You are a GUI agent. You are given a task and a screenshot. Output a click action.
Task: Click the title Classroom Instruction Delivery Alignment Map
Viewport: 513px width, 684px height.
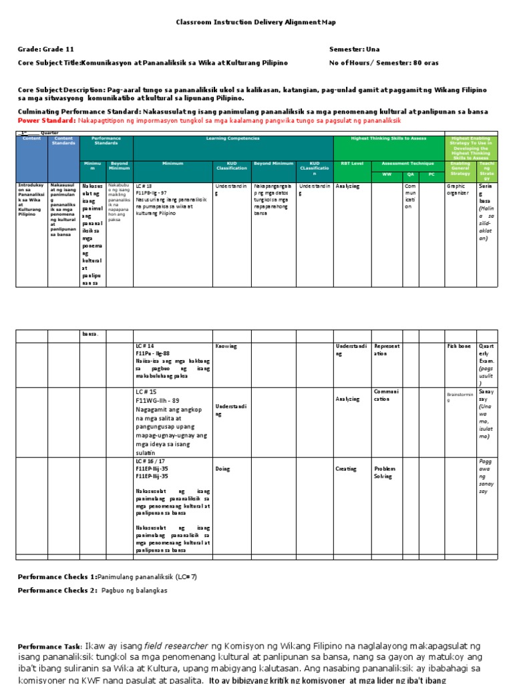256,22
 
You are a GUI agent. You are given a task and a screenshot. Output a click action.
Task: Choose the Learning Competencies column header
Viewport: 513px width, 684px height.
232,138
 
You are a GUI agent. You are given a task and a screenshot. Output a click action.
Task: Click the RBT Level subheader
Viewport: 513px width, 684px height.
352,163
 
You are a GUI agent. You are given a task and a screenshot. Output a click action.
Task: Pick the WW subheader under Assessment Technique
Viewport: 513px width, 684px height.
386,174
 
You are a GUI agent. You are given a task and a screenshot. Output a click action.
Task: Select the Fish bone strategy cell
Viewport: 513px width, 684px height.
460,346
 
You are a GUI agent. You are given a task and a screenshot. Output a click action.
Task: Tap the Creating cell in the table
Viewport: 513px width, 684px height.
346,469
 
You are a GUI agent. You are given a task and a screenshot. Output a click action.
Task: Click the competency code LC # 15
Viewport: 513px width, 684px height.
145,391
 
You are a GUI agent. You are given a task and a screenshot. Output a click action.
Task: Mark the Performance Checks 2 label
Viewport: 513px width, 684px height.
57,590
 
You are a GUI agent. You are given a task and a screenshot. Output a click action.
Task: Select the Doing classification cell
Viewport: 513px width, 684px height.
222,469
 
